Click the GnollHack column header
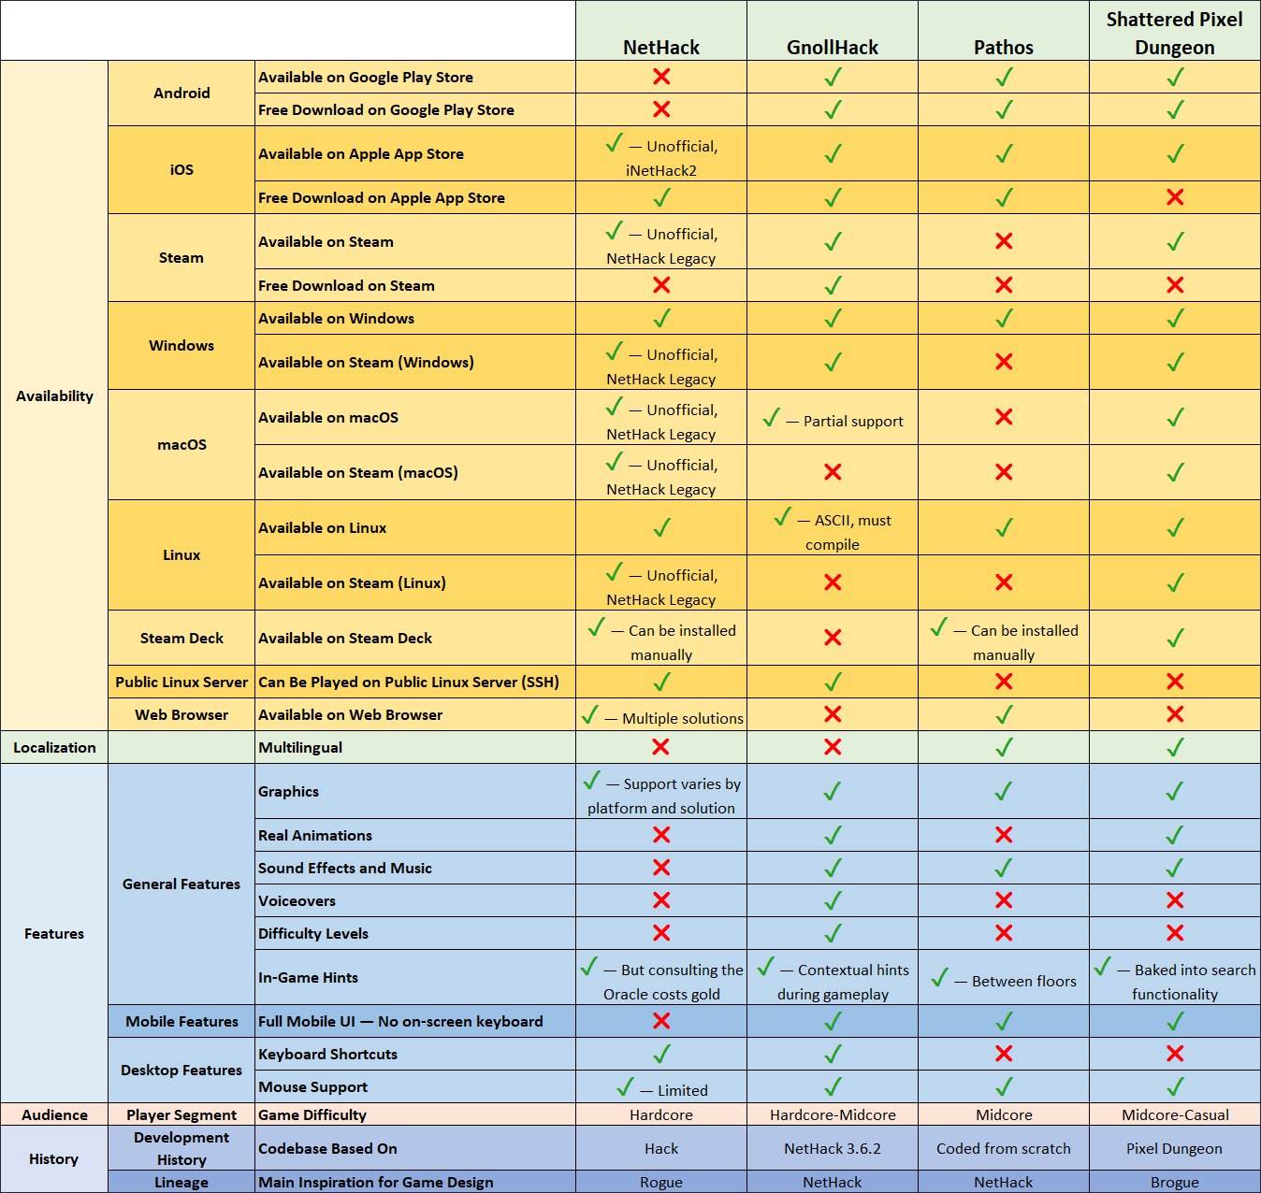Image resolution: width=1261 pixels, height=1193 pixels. (833, 47)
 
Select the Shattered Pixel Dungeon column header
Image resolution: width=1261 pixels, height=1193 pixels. (1174, 33)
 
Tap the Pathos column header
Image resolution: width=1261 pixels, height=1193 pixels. (1004, 47)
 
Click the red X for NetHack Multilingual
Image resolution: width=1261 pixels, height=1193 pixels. (660, 747)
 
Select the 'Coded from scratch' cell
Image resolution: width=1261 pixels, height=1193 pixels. (1004, 1148)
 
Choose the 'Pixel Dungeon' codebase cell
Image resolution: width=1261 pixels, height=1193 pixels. (1174, 1148)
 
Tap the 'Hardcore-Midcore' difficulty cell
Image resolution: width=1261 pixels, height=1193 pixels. (833, 1114)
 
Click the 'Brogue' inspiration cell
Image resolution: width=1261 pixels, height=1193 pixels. (1174, 1182)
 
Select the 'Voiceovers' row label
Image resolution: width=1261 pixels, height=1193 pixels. (297, 900)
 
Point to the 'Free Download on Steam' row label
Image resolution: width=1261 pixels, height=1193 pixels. (346, 285)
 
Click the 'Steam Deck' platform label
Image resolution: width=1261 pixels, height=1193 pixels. (181, 638)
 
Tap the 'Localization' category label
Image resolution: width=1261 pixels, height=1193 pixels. (54, 747)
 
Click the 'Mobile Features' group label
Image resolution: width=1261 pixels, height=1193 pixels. (181, 1021)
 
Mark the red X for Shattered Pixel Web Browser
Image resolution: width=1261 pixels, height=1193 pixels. (1175, 714)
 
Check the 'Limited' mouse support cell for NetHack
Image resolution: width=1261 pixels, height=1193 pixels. (661, 1088)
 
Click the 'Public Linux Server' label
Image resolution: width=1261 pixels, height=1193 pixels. (181, 682)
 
